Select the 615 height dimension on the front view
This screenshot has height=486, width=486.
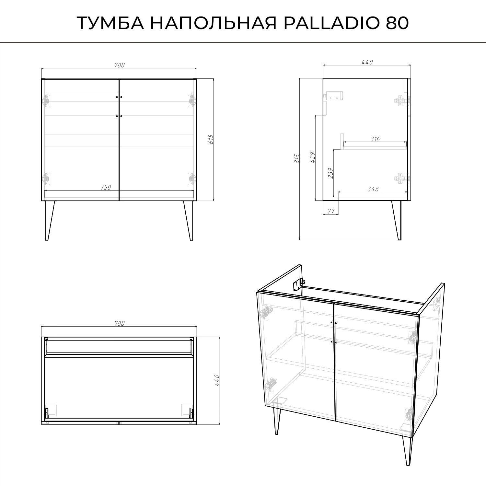coord(211,139)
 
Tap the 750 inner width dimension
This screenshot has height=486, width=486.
coord(106,187)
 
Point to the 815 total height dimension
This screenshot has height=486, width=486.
coord(297,159)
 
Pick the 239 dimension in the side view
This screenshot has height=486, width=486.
coord(330,173)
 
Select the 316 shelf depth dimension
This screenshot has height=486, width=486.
coord(375,139)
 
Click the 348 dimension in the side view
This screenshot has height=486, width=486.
coord(373,189)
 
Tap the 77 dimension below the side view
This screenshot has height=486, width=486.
coord(331,211)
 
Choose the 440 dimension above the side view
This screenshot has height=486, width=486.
coord(367,62)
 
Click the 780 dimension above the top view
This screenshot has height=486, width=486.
coord(119,323)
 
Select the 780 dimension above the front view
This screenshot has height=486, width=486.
coord(119,65)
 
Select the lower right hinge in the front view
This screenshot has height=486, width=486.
coord(192,178)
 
